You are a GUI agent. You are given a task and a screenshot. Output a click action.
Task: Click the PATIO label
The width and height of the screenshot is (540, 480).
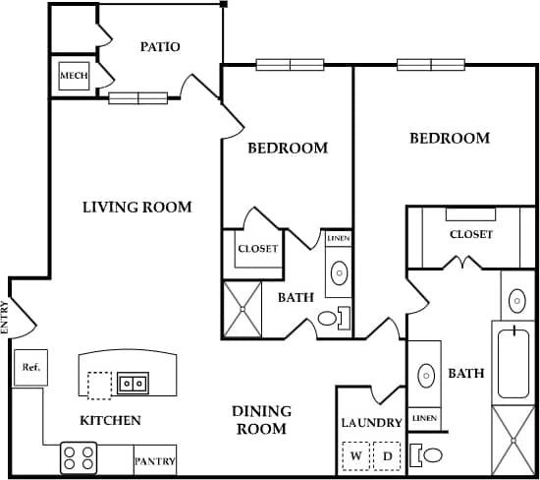tap(159, 46)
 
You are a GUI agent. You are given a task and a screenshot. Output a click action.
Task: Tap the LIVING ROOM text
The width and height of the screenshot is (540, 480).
tap(136, 208)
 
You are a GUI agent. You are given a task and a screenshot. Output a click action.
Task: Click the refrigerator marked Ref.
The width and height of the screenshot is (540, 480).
tap(29, 368)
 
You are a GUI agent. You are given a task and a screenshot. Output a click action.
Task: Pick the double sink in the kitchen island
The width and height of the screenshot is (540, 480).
tap(133, 383)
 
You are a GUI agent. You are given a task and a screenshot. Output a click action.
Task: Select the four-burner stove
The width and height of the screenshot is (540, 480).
tap(79, 458)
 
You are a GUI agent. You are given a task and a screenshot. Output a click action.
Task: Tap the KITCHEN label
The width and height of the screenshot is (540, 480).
tap(110, 421)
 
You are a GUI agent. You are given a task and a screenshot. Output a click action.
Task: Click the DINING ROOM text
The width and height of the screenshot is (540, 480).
tap(259, 420)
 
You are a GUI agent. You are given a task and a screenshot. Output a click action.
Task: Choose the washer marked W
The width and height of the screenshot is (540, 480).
tap(357, 456)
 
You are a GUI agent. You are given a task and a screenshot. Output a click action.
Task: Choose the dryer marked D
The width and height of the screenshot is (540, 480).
tap(387, 456)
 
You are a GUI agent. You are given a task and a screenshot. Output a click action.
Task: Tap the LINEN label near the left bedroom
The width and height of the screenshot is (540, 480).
tap(338, 239)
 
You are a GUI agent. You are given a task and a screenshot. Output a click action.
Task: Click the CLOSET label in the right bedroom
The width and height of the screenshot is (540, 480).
tap(471, 234)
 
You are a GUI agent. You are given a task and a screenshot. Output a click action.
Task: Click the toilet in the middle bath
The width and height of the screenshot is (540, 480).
tap(331, 318)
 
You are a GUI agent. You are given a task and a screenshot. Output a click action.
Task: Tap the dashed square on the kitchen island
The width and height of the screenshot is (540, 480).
tap(99, 385)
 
